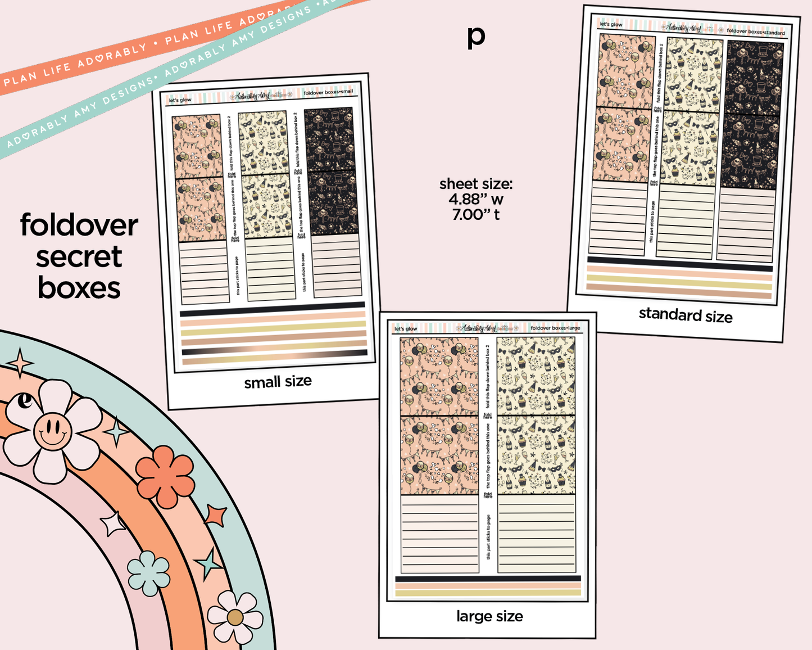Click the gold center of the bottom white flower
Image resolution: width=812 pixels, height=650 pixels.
(235, 617)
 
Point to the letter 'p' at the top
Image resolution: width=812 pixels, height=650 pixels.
(475, 37)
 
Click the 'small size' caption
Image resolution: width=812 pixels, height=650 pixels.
(278, 382)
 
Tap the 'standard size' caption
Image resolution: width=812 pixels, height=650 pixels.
(685, 315)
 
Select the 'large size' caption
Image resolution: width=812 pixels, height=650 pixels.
(489, 616)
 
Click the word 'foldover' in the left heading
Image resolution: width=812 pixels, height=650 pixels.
(79, 225)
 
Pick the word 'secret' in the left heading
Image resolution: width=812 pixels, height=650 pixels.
(79, 257)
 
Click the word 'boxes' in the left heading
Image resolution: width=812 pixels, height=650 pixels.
(79, 288)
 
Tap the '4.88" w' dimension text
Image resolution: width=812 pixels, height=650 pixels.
(475, 199)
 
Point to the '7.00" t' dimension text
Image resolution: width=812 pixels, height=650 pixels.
(475, 214)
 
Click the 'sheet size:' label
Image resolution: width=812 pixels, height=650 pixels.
(475, 184)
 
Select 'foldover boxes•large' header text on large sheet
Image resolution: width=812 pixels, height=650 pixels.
(555, 328)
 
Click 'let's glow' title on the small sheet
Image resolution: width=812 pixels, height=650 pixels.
(180, 100)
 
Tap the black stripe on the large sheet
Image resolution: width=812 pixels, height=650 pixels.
(488, 579)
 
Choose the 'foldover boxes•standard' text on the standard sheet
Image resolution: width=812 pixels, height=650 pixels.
(755, 31)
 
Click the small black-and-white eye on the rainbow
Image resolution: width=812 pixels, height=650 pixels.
(25, 400)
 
